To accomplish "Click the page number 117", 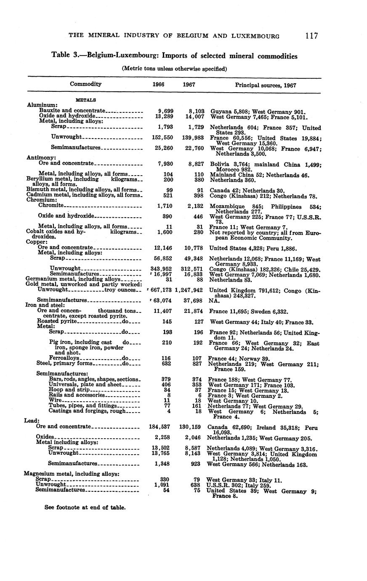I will pos(312,36).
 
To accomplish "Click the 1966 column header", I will pos(158,84).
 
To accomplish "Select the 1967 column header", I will pos(189,84).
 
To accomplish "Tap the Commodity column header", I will pos(85,84).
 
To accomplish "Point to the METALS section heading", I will pos(85,100).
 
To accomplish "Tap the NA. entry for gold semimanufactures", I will pos(214,301).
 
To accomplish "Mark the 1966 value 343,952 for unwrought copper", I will pos(161,269).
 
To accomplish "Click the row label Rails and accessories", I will pos(76,395).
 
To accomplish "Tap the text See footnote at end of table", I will pos(85,507).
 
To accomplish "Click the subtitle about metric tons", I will pos(174,68).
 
